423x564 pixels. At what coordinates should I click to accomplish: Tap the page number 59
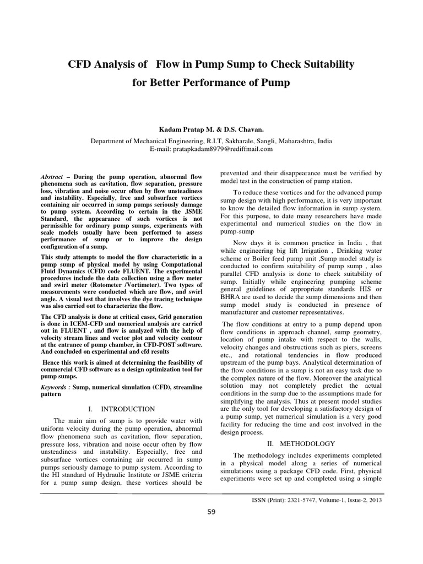point(211,512)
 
